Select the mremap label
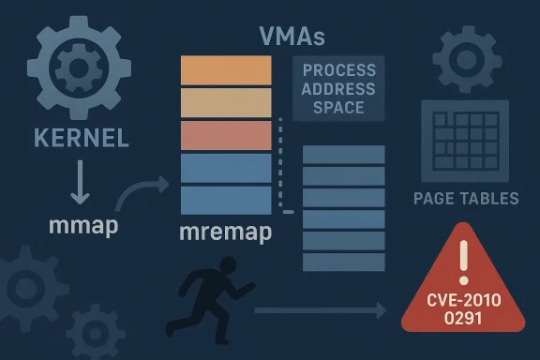[x=224, y=232]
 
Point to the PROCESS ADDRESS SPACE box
[x=337, y=89]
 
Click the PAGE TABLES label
[x=466, y=198]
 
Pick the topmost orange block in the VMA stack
[x=224, y=70]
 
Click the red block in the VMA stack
[x=224, y=134]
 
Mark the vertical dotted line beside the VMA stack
[x=278, y=169]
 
